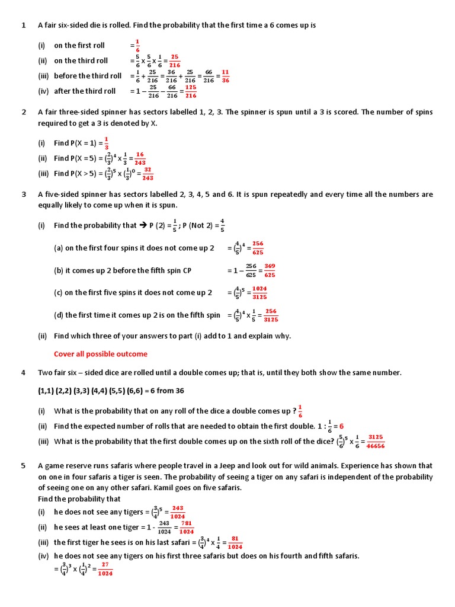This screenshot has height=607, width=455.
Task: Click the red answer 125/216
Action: (x=191, y=91)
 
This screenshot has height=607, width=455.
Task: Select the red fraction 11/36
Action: (x=225, y=76)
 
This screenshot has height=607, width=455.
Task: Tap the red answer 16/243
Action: (x=139, y=158)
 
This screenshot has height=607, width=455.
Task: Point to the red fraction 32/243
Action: (x=148, y=174)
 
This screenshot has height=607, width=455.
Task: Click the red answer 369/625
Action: (x=270, y=270)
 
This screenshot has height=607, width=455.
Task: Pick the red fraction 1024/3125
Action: (x=259, y=293)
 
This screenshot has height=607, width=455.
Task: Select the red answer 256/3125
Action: (x=271, y=315)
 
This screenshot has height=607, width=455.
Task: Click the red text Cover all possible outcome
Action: (x=101, y=354)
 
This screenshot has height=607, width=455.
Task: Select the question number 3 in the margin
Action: (x=24, y=194)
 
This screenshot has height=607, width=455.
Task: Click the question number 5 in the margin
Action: (x=24, y=466)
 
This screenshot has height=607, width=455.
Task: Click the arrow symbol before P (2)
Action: (x=142, y=225)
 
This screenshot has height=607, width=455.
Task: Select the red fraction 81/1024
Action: (x=235, y=542)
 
